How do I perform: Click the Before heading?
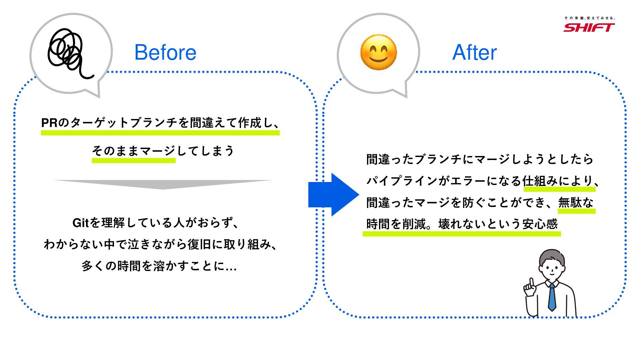(x=165, y=52)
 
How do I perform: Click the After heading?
(x=474, y=52)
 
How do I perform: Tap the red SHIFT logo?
(x=589, y=27)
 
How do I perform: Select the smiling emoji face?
(x=378, y=52)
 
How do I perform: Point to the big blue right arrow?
(x=333, y=195)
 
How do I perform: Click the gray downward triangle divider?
(x=163, y=184)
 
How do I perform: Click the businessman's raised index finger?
(x=531, y=282)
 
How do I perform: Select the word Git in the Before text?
(x=80, y=223)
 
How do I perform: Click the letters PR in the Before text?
(x=49, y=123)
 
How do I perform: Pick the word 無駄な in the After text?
(x=576, y=202)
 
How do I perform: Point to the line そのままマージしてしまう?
(x=163, y=151)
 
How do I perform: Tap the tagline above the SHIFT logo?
(x=589, y=18)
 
